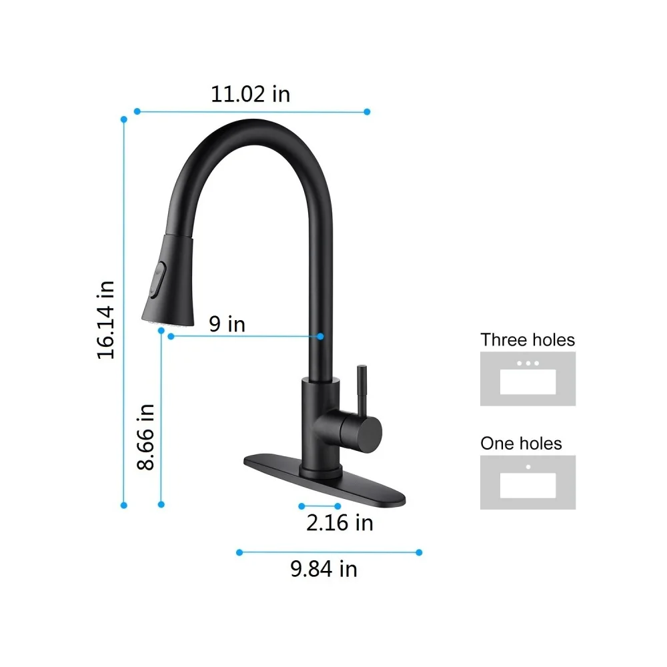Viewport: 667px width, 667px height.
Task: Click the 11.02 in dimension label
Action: (251, 94)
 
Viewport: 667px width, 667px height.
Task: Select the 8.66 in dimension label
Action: (145, 437)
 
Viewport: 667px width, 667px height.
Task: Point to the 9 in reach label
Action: (227, 324)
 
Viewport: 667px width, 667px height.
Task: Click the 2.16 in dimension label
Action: (340, 522)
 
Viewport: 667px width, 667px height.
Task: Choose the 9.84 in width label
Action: (323, 569)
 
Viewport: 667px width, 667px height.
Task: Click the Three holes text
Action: (528, 340)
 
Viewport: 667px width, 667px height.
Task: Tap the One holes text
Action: (521, 444)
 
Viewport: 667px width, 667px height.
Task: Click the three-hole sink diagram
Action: (528, 379)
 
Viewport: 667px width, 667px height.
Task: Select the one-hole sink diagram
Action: (528, 482)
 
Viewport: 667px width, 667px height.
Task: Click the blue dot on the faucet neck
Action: (320, 337)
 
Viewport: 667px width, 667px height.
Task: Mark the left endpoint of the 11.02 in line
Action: (137, 111)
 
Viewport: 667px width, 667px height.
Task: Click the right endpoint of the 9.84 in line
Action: (419, 552)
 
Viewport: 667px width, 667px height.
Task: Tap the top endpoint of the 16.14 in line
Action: (123, 119)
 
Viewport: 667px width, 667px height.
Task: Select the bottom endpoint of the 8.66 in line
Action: (161, 505)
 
